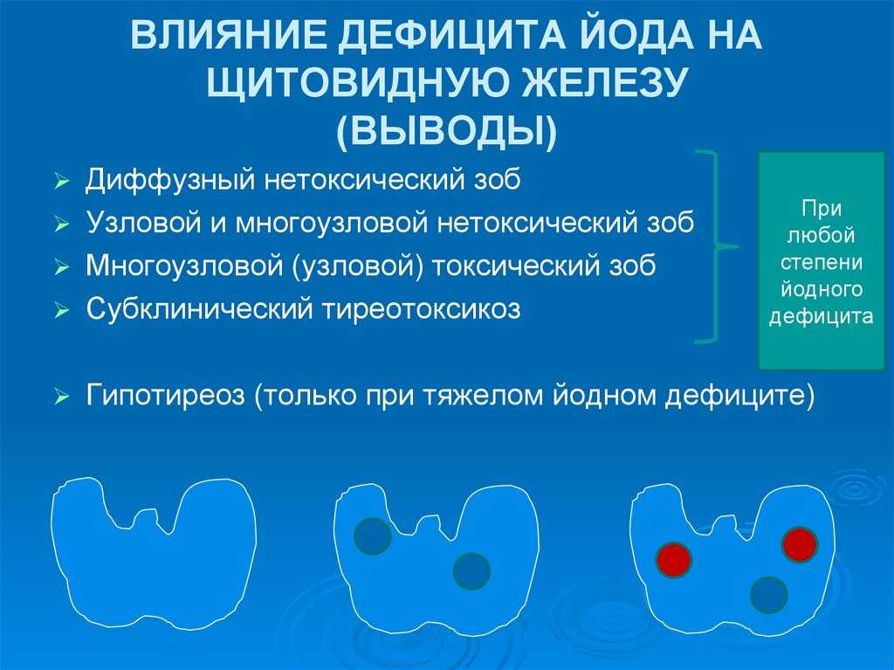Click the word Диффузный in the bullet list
pos(169,180)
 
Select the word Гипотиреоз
pos(165,395)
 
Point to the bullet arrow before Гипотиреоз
pos(62,396)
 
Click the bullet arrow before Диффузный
pos(62,182)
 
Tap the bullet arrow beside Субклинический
pos(62,311)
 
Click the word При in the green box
pos(821,208)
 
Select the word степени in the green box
pos(821,263)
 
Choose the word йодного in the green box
pos(821,289)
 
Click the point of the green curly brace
pos(738,246)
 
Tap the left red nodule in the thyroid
pos(674,559)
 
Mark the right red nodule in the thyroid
pos(800,544)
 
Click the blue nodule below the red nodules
pos(768,595)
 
